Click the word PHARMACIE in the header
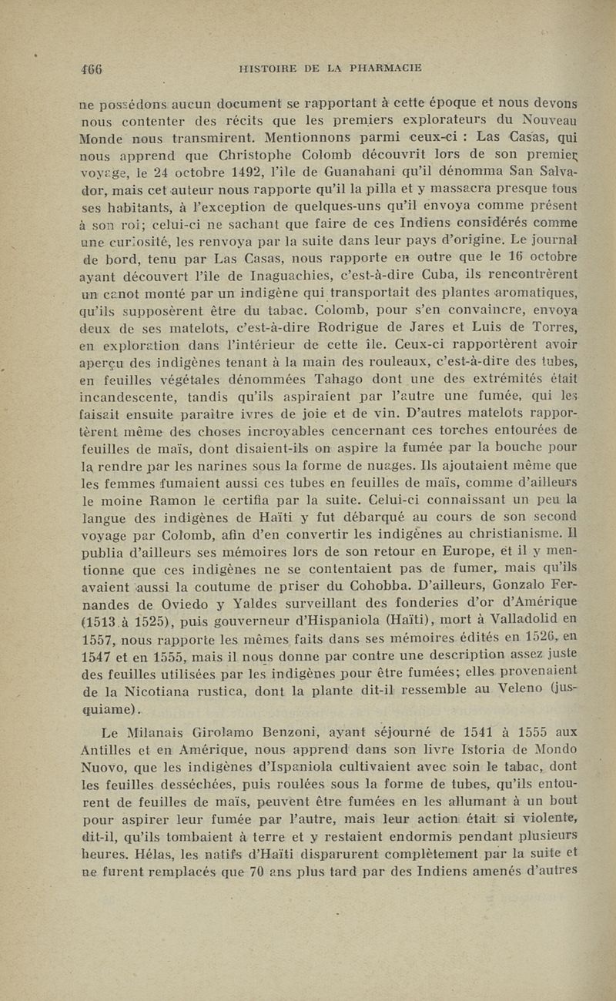(x=385, y=67)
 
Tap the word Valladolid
(x=533, y=620)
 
